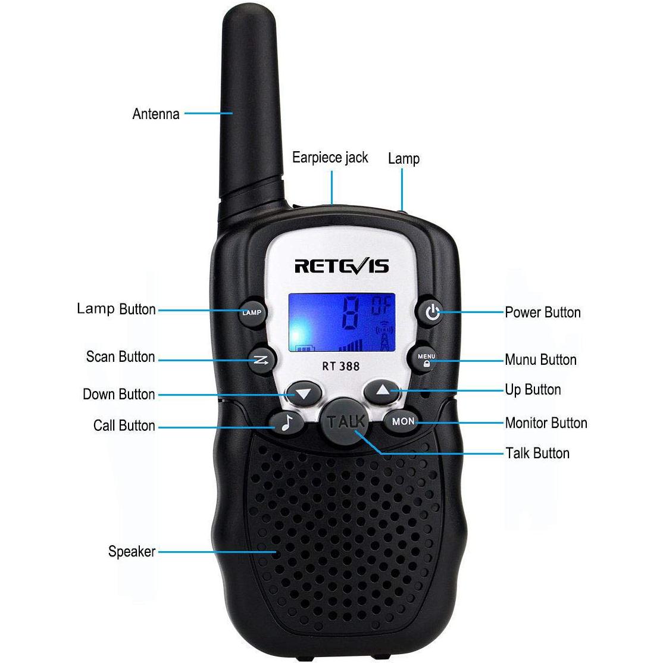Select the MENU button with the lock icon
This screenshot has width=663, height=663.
point(426,359)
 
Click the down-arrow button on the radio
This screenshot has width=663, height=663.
point(304,393)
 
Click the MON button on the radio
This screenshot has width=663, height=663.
point(403,421)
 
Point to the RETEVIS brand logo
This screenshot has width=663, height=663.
point(342,265)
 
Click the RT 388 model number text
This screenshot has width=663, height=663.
point(340,366)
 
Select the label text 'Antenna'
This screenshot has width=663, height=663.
point(155,114)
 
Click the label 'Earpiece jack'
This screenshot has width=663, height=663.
point(330,158)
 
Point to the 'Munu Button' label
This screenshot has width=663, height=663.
point(540,359)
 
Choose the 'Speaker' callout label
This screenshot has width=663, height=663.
point(132,551)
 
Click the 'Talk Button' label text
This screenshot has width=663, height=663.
point(537,453)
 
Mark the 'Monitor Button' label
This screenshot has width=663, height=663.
point(546,423)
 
